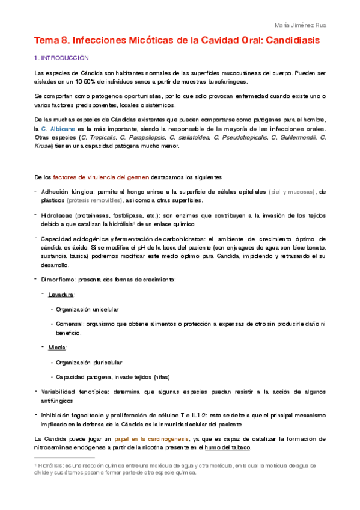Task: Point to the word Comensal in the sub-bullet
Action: coord(70,324)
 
